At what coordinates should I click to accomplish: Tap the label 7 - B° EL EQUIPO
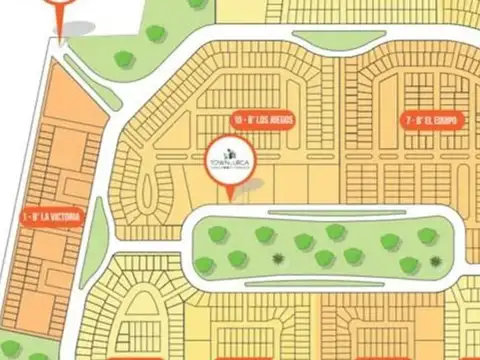pos(434,119)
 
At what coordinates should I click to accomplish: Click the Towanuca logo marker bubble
pos(231,160)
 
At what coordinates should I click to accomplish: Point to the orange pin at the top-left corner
pos(61,12)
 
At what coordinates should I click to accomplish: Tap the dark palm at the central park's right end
pos(436,261)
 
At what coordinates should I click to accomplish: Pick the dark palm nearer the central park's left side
pos(277,258)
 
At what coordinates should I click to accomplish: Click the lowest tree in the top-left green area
pos(124,59)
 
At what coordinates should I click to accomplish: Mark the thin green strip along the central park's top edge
pos(320,209)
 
